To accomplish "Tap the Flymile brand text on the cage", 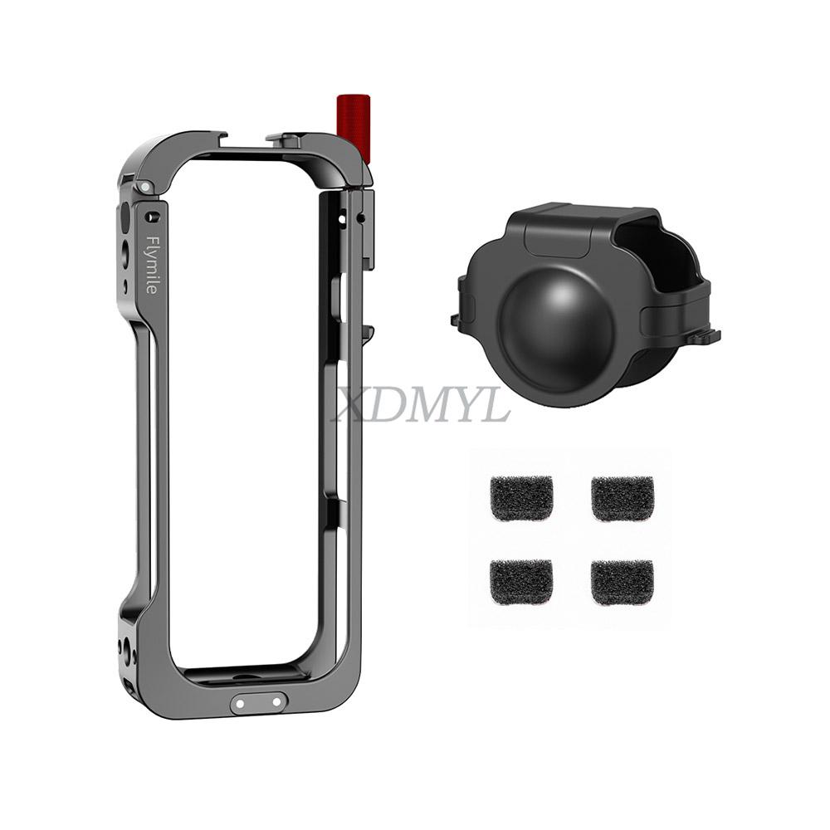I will (152, 264).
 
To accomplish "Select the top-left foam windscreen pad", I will (521, 498).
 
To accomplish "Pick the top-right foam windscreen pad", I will (622, 498).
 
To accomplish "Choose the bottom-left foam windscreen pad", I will (521, 582).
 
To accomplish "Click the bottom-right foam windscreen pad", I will (622, 582).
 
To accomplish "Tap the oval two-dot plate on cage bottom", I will (259, 702).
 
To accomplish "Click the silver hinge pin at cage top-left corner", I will (145, 188).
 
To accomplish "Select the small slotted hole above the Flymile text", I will (152, 217).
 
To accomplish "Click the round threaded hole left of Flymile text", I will (125, 252).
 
